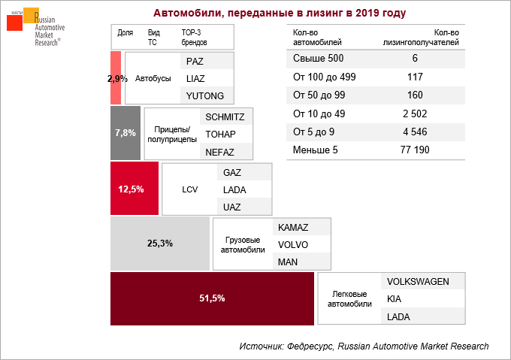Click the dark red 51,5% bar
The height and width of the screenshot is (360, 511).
coord(212,298)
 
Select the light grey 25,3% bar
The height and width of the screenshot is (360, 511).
coord(159,244)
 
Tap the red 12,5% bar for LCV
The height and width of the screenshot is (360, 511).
coord(135,189)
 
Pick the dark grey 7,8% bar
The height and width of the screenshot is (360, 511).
coord(125,133)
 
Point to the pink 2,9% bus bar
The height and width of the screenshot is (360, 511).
coord(116,77)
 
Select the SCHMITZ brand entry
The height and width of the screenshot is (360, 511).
coord(225,116)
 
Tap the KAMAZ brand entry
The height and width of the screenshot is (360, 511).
coord(293,226)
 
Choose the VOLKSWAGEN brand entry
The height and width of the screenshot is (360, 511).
coord(418,282)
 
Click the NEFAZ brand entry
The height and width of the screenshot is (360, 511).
coord(220,151)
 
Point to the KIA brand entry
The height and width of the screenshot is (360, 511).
coord(394,299)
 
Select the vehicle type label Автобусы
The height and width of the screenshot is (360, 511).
coord(153,78)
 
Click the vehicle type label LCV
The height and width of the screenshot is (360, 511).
coord(189,189)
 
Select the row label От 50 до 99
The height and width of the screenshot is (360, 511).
coord(318,95)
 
